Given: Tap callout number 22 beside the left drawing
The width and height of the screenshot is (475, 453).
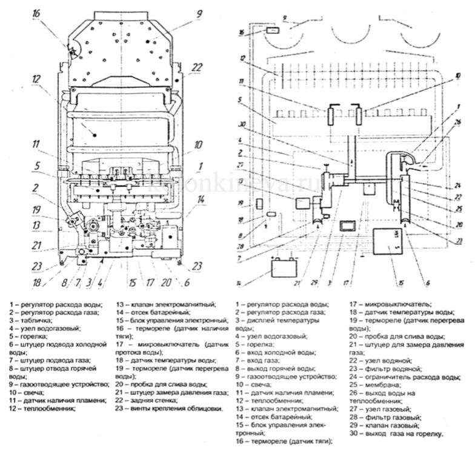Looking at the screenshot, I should tap(196, 68).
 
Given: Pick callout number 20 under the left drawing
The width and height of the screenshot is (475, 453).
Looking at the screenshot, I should tap(165, 282).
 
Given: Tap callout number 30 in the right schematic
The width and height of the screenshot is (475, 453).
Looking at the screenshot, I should tap(242, 124).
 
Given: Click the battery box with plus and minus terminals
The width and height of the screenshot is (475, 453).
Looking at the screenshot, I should tap(284, 267).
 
